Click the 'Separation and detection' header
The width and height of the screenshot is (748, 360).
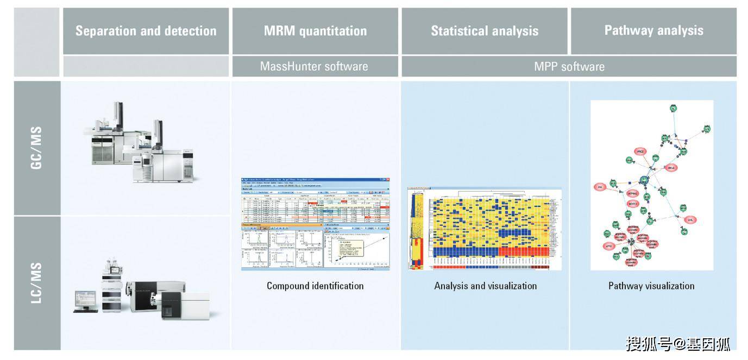146,31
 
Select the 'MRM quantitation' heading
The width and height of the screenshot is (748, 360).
315,31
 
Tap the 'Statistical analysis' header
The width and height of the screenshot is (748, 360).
485,31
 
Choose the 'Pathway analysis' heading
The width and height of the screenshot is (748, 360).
653,30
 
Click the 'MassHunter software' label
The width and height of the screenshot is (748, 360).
314,66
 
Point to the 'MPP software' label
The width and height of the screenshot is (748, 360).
569,67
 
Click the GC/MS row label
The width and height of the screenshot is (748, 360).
36,148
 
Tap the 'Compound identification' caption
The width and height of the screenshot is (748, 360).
315,286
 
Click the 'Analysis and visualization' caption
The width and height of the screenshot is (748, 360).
485,286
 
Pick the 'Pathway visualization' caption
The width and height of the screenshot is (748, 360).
651,286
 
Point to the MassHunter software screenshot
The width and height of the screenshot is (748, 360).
315,224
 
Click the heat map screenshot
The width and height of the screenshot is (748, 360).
478,229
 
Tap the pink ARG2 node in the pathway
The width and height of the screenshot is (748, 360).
641,151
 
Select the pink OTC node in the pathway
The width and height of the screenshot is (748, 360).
690,220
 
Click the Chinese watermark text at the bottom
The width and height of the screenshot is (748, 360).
678,343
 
